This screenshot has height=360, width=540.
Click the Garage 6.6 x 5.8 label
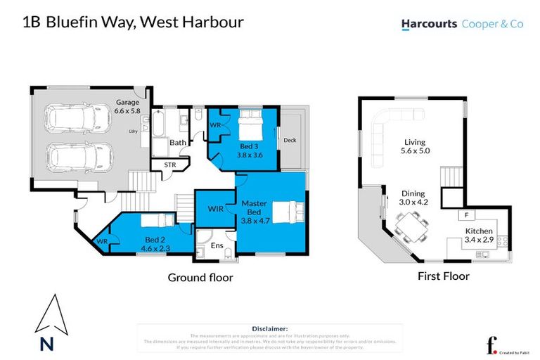[x=127, y=106]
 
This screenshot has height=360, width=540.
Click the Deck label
[x=290, y=140]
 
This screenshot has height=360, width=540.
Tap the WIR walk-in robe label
[x=216, y=208]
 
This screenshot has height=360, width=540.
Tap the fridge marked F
[x=465, y=214]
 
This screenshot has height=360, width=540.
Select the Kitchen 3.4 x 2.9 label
[x=480, y=235]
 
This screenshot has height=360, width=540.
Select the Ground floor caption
[x=200, y=278]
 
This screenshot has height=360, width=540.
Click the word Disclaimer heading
[x=269, y=328]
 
